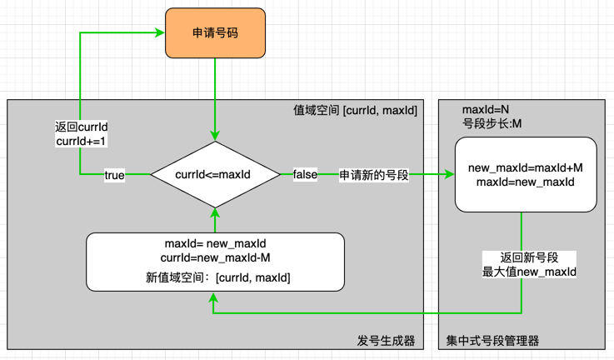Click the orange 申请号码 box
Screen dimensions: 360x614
coord(215,33)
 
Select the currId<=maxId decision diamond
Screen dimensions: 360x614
coord(215,174)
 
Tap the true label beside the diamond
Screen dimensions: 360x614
coord(114,175)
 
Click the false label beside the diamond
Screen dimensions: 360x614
coord(305,175)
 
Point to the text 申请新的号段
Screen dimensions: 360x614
coord(371,175)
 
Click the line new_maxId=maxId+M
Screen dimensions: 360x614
coord(525,167)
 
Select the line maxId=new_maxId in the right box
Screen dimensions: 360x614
coord(525,182)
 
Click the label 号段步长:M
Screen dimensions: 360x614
coord(492,124)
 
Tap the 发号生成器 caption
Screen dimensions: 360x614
coord(386,341)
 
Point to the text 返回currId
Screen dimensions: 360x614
coord(79,127)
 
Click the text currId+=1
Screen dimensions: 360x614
coord(79,141)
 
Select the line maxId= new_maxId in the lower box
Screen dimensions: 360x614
coord(215,243)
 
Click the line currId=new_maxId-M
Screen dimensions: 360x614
coord(215,257)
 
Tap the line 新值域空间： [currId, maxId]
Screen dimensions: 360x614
coord(215,276)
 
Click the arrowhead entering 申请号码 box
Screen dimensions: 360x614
coord(158,33)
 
